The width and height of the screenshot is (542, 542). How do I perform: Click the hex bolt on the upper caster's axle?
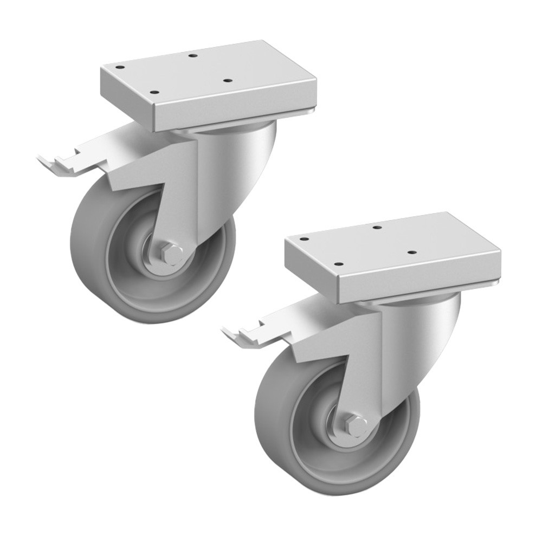[x=172, y=254]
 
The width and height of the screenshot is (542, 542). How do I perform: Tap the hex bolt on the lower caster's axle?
[x=357, y=426]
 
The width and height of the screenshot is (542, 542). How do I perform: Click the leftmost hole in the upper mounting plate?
[x=120, y=67]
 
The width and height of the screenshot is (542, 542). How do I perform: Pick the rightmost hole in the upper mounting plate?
[x=228, y=80]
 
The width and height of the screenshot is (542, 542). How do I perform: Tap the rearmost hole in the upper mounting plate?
[x=193, y=55]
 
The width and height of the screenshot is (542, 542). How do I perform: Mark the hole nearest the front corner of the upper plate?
[x=154, y=93]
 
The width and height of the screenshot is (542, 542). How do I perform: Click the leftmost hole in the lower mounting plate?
[x=304, y=239]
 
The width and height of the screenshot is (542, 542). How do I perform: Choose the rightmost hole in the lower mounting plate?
[x=412, y=252]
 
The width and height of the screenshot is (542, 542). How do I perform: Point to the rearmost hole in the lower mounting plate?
[x=378, y=227]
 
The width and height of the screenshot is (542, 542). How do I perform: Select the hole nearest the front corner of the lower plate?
[x=339, y=264]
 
